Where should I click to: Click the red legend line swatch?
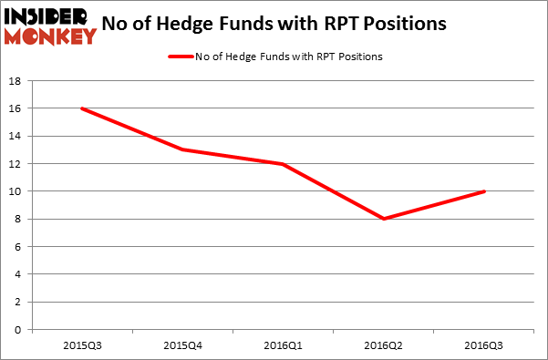180,57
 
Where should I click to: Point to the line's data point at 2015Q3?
82,108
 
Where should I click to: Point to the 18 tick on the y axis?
17,81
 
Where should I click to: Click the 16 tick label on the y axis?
17,108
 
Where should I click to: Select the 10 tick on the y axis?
17,191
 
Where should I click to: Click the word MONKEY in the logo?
51,36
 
